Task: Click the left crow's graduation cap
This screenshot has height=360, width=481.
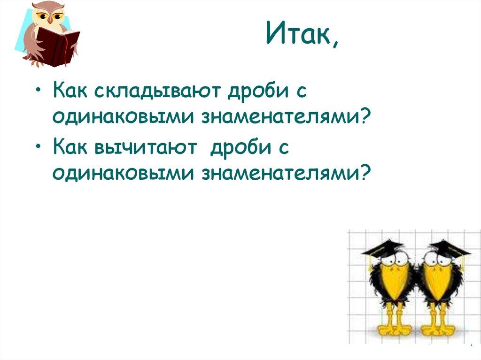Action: (x=383, y=248)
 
